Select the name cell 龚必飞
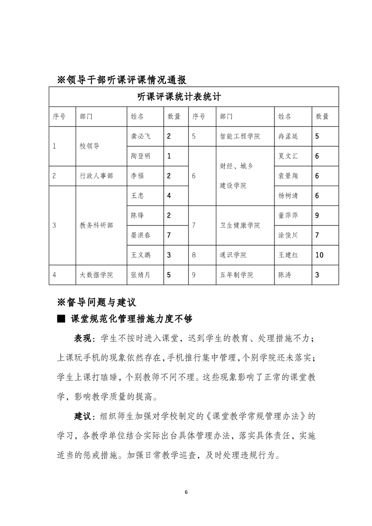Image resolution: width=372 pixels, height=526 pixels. click(x=141, y=136)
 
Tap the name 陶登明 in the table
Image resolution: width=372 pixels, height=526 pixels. click(x=141, y=156)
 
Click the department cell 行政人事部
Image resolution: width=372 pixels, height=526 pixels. click(x=96, y=176)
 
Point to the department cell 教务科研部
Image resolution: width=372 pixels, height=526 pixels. click(x=96, y=225)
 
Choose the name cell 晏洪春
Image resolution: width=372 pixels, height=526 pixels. click(x=141, y=235)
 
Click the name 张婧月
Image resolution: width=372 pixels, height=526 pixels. click(x=141, y=275)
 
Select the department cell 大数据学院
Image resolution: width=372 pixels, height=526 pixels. click(x=96, y=275)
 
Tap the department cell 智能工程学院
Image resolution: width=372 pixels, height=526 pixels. click(x=240, y=136)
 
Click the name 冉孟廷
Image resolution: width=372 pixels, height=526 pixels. click(x=288, y=136)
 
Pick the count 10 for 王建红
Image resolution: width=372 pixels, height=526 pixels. click(x=320, y=255)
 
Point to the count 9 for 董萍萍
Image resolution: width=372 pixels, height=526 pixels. click(x=318, y=215)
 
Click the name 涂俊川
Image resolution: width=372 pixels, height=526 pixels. click(x=288, y=235)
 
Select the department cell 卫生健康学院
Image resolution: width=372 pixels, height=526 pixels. click(x=240, y=225)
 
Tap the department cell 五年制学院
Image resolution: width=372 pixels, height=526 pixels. click(x=236, y=275)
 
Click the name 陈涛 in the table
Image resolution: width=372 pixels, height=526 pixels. click(x=284, y=275)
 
